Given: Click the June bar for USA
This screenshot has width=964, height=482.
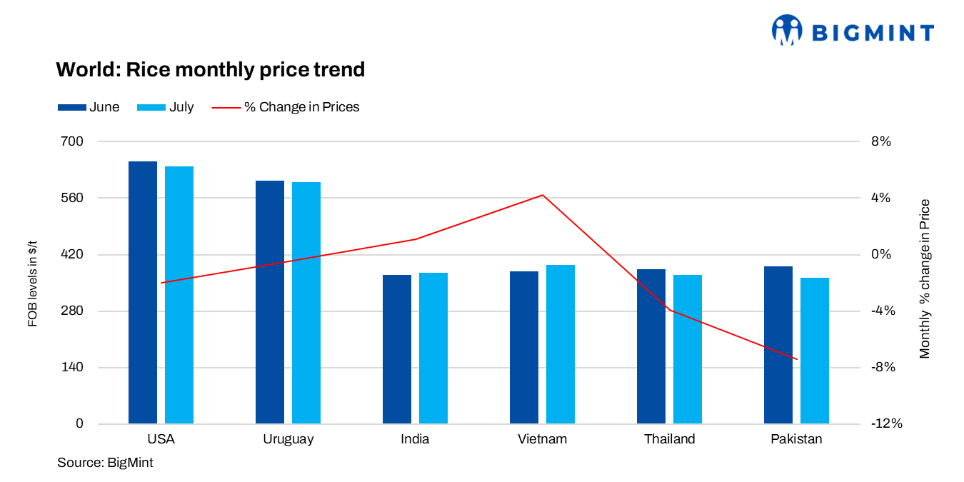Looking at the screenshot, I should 143,292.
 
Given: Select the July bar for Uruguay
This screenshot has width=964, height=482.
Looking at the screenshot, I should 306,303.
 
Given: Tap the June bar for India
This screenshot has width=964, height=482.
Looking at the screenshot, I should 397,349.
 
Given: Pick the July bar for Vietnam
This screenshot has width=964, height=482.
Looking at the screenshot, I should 561,344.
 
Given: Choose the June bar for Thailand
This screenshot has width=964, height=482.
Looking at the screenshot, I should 651,346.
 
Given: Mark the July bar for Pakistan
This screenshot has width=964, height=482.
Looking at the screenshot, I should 815,351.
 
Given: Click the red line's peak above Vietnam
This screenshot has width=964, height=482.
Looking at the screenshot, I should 543,195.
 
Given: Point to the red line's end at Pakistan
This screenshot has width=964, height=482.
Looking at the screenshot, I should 797,359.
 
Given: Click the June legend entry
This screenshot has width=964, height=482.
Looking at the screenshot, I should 89,107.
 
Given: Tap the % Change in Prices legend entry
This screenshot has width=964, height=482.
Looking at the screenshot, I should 286,107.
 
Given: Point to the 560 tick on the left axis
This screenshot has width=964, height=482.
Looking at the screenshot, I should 75,198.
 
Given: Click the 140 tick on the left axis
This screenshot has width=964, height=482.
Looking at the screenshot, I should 75,367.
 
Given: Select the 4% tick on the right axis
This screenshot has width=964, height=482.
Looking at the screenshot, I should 881,198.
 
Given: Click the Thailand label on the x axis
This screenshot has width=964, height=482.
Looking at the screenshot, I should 669,439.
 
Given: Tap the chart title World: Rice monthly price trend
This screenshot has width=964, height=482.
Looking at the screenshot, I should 211,70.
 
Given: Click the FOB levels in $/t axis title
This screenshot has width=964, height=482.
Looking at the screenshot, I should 32,283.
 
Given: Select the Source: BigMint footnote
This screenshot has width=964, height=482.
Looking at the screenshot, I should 105,463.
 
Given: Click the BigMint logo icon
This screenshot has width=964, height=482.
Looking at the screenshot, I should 787,31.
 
